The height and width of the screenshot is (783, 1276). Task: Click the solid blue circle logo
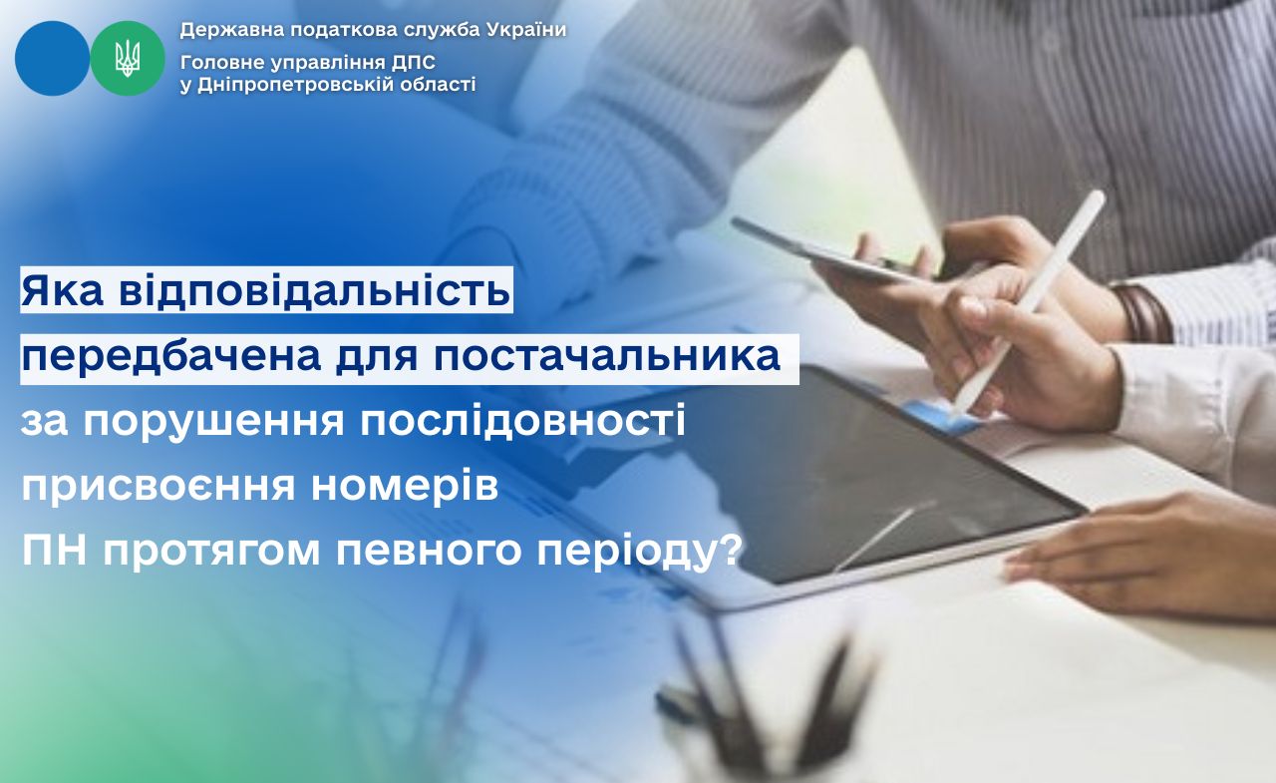(53, 58)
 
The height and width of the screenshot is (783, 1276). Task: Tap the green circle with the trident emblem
(128, 58)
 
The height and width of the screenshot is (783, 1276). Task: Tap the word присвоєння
(159, 489)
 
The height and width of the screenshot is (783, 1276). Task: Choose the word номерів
(405, 488)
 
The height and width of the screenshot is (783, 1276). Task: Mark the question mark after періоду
(729, 551)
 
